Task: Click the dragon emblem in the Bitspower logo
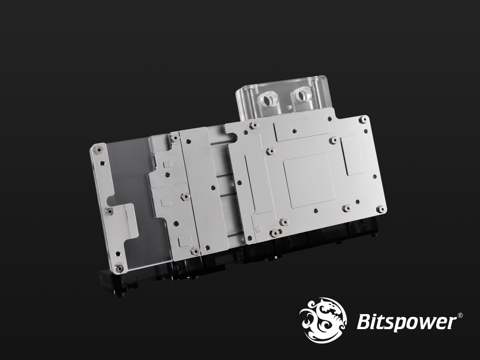323,320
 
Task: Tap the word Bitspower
407,322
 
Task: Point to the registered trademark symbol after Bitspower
460,315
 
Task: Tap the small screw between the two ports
289,107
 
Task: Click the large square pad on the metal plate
309,181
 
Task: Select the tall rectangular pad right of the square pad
352,155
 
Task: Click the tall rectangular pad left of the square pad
259,183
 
